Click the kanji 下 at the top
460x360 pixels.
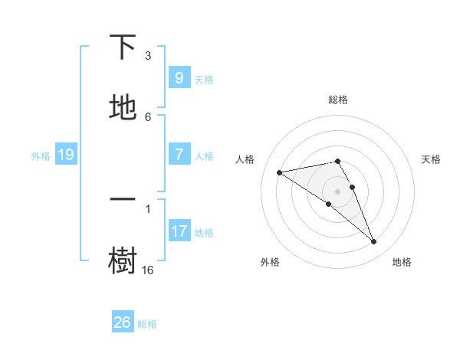pyautogui.click(x=123, y=47)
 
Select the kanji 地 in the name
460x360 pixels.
pyautogui.click(x=123, y=108)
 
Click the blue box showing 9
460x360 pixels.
pyautogui.click(x=179, y=78)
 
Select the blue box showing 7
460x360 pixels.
pyautogui.click(x=179, y=155)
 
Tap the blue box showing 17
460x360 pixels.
pyautogui.click(x=179, y=231)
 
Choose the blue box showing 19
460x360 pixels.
pyautogui.click(x=66, y=155)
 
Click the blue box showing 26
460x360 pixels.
pyautogui.click(x=123, y=322)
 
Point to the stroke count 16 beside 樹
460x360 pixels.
pyautogui.click(x=147, y=270)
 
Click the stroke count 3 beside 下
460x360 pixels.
pyautogui.click(x=148, y=56)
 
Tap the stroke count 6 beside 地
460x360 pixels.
pyautogui.click(x=148, y=116)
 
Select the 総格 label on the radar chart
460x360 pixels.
pyautogui.click(x=338, y=100)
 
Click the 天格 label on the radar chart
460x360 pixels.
pyautogui.click(x=432, y=159)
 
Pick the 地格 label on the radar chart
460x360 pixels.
pyautogui.click(x=402, y=262)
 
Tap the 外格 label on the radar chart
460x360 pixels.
pyautogui.click(x=269, y=262)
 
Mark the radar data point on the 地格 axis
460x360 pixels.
pyautogui.click(x=374, y=242)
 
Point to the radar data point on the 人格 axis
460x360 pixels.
pyautogui.click(x=280, y=172)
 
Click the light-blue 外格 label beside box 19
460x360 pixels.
pyautogui.click(x=41, y=156)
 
